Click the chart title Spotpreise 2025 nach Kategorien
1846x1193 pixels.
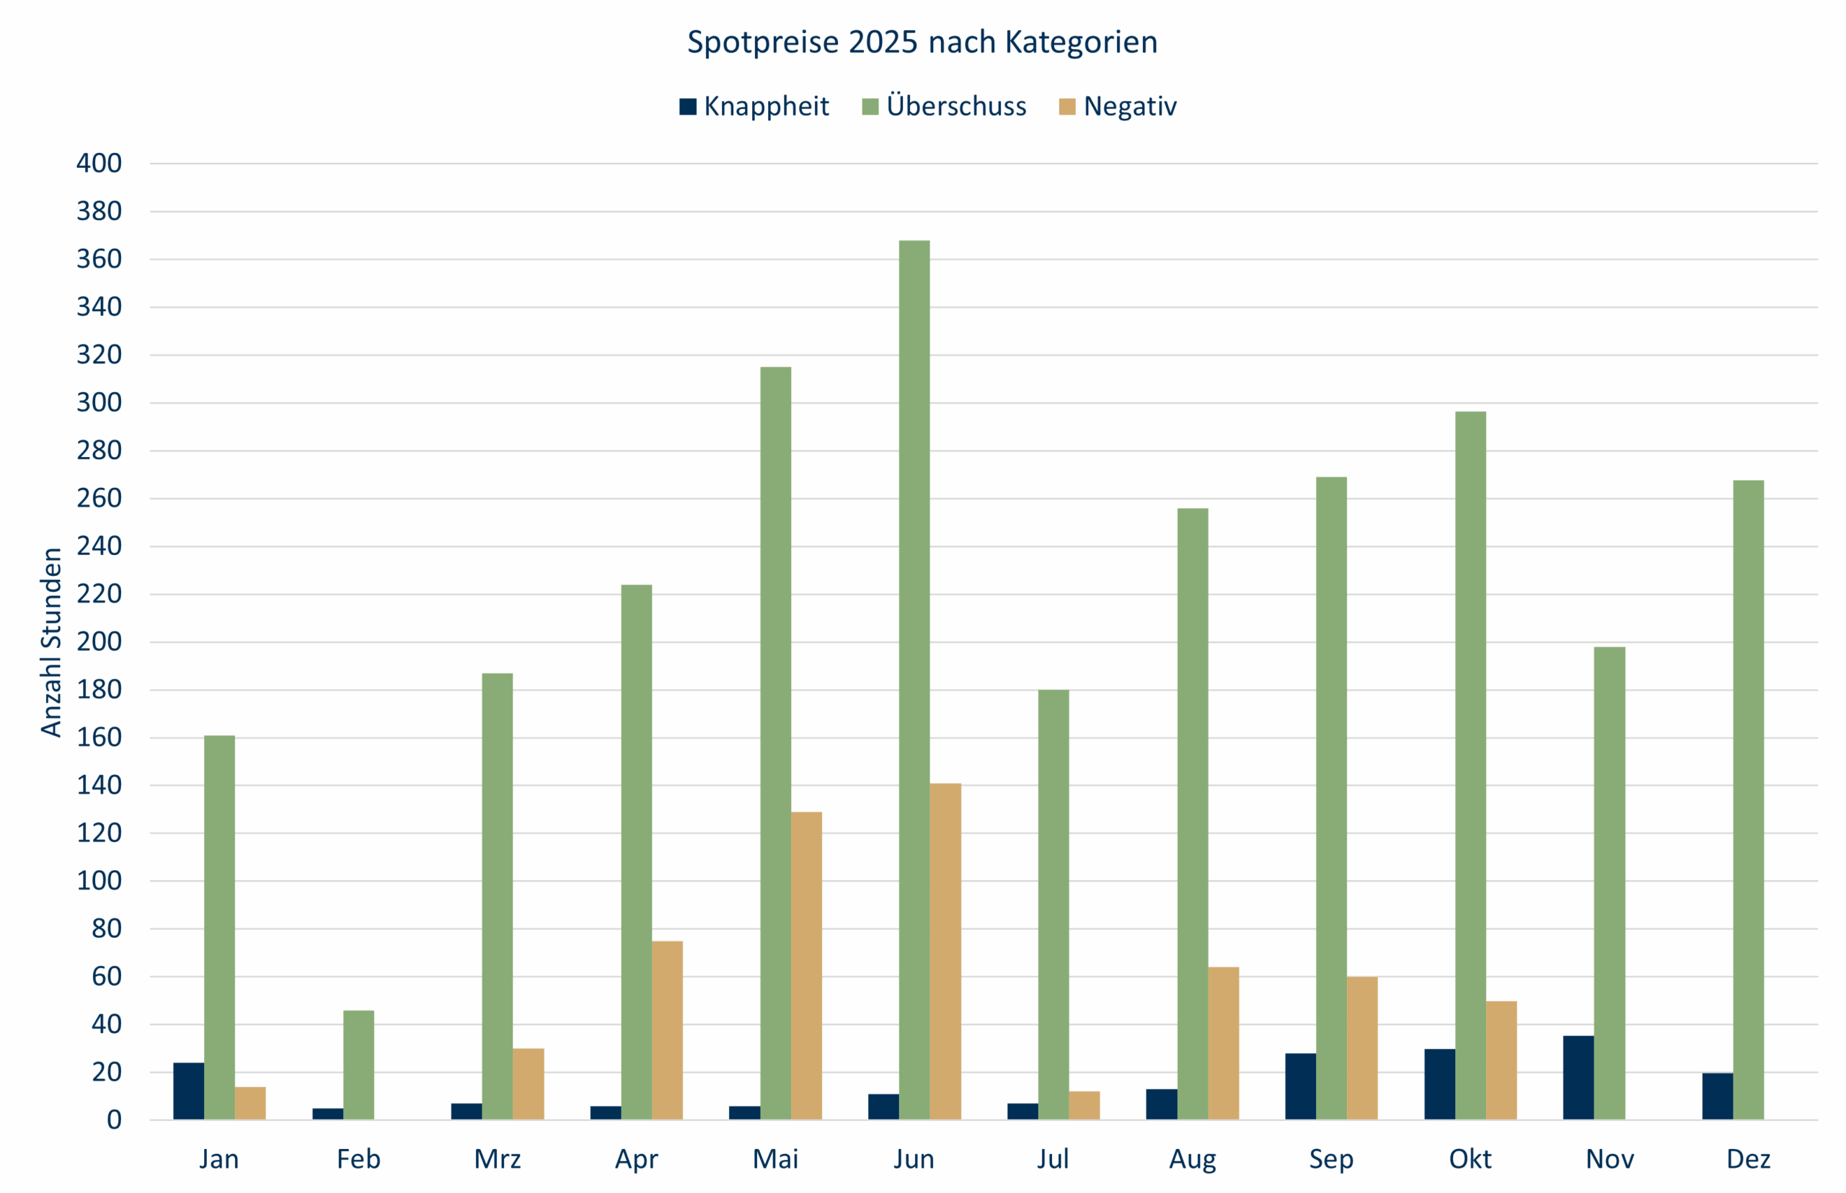pyautogui.click(x=922, y=42)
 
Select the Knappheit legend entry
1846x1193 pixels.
pyautogui.click(x=754, y=106)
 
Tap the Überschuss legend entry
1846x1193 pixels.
pyautogui.click(x=945, y=106)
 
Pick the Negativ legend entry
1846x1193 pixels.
pyautogui.click(x=1118, y=106)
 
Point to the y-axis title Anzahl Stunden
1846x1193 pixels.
pyautogui.click(x=51, y=642)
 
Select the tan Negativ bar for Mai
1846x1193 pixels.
pyautogui.click(x=807, y=966)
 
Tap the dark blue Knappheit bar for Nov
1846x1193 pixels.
pyautogui.click(x=1578, y=1078)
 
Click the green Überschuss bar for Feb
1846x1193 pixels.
pyautogui.click(x=359, y=1065)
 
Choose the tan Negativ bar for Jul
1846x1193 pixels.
pyautogui.click(x=1085, y=1106)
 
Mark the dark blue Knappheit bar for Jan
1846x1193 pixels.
pyautogui.click(x=188, y=1091)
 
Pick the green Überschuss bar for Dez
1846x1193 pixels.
pyautogui.click(x=1749, y=800)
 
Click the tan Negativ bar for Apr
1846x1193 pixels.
pyautogui.click(x=667, y=1030)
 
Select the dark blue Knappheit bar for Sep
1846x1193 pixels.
pyautogui.click(x=1300, y=1086)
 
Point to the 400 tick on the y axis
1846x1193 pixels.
pyautogui.click(x=100, y=164)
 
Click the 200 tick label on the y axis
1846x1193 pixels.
pyautogui.click(x=100, y=642)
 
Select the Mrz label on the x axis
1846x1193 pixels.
pyautogui.click(x=498, y=1159)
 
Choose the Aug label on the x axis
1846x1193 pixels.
pyautogui.click(x=1193, y=1159)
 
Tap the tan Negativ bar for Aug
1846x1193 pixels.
pyautogui.click(x=1224, y=1044)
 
